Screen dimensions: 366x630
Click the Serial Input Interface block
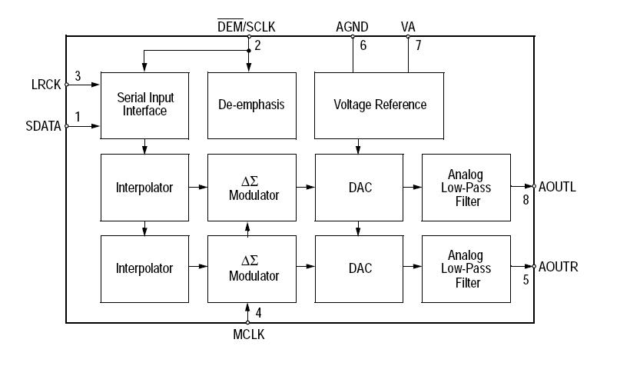(145, 105)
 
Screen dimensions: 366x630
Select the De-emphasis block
(252, 105)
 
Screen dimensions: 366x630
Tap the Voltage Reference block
(380, 105)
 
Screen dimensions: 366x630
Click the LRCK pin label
(45, 84)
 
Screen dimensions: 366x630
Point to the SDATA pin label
(43, 126)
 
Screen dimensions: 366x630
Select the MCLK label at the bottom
(249, 334)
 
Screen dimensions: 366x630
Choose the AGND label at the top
(353, 27)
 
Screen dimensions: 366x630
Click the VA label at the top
(409, 27)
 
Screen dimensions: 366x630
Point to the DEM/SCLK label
(247, 27)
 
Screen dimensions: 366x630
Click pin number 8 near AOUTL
(526, 199)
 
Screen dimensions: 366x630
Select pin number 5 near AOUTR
(526, 280)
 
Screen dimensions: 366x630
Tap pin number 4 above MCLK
(258, 313)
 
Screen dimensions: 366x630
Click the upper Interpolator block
(144, 188)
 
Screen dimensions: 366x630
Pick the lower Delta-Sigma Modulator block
(252, 268)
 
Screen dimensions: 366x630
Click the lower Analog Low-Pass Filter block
(466, 268)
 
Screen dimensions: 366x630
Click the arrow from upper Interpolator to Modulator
(198, 187)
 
